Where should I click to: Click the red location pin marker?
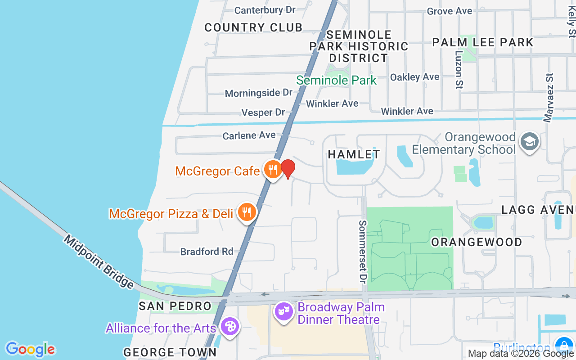pos(288,169)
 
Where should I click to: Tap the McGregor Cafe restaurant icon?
pos(273,170)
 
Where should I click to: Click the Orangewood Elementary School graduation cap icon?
pos(530,142)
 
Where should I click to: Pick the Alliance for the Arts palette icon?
pos(229,326)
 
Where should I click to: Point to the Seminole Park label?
pos(336,81)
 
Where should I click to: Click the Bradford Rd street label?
pos(207,252)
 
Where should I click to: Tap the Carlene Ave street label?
pos(249,135)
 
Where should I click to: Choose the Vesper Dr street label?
pos(263,112)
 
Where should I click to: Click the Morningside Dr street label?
pos(259,93)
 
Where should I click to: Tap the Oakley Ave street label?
pos(414,77)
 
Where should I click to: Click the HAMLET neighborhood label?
pos(354,154)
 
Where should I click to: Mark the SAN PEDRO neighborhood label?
pos(175,306)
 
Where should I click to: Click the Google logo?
pos(30,349)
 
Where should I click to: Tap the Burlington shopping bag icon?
pos(563,346)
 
